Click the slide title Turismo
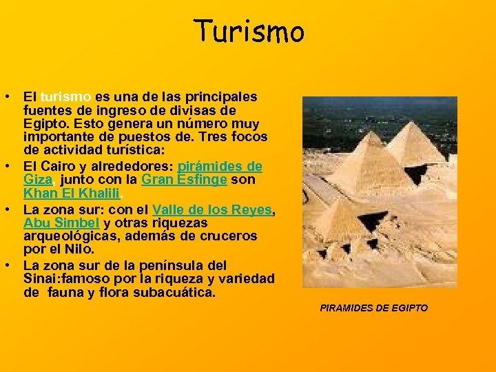pos(248,31)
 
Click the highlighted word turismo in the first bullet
pos(65,96)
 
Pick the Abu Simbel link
pos(62,223)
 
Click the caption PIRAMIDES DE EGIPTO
pos(373,308)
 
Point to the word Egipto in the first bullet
pos(44,124)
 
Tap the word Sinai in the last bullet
pos(39,278)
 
